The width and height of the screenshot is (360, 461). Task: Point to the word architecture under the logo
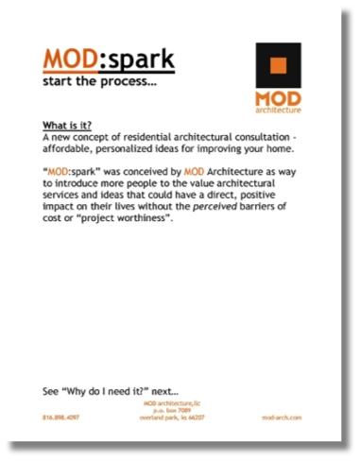pos(279,109)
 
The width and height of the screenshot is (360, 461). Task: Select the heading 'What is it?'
pos(67,126)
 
